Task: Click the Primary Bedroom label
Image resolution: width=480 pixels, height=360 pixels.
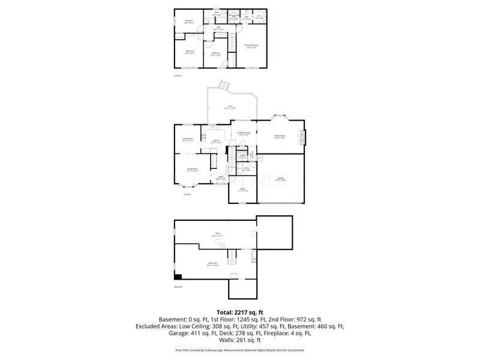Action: tap(251, 46)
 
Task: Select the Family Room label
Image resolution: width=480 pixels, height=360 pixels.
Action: tap(280, 136)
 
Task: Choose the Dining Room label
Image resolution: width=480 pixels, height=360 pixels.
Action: tap(187, 139)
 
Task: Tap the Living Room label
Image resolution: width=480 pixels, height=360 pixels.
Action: tap(192, 170)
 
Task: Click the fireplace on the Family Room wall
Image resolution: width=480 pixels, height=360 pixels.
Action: tap(304, 137)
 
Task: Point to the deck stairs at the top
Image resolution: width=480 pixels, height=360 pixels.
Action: tap(224, 85)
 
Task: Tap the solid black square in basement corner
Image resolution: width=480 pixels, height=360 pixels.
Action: tap(178, 276)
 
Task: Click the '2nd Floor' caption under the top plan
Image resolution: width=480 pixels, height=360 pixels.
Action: tap(178, 76)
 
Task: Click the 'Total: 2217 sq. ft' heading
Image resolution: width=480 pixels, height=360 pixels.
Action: tap(240, 312)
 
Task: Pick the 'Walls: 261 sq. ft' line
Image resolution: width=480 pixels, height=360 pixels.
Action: tap(240, 340)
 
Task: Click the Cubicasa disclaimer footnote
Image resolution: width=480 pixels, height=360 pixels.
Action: tap(240, 350)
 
